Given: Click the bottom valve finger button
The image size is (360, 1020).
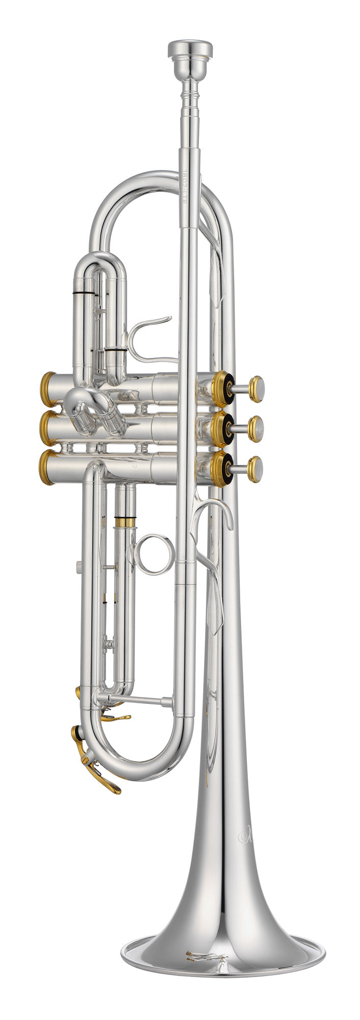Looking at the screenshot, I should coord(254,469).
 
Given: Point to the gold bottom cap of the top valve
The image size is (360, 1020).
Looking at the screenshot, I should coord(46,389).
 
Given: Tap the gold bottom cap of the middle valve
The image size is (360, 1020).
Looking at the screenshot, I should coord(46,428).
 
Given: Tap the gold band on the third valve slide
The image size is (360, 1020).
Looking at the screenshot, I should coord(125,522).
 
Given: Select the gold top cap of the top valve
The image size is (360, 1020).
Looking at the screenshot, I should coord(222,389).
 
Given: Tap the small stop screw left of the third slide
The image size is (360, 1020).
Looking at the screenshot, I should coord(78,566).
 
